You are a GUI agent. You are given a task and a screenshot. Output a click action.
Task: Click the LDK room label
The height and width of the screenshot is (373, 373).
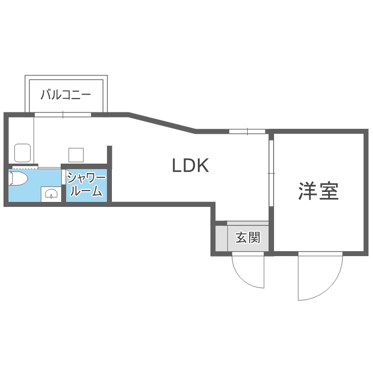[190, 165]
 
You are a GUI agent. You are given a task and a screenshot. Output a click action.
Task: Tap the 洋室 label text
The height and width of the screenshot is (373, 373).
[318, 190]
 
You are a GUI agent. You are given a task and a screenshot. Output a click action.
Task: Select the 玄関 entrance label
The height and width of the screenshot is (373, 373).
[248, 238]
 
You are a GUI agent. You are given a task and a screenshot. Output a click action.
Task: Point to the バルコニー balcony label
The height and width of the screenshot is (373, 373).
[66, 94]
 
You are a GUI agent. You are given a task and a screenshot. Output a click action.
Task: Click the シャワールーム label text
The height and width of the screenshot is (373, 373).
[86, 185]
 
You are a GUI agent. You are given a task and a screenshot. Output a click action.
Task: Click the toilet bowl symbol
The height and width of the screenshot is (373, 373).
[18, 179]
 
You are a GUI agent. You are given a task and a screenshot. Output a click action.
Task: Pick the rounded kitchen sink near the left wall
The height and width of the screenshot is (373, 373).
[22, 153]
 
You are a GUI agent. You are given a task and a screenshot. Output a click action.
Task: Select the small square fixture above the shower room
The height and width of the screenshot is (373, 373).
[76, 155]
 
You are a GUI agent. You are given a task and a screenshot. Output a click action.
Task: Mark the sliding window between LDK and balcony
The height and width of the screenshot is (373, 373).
[63, 115]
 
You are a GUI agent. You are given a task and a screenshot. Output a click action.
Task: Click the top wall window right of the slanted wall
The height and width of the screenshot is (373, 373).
[247, 131]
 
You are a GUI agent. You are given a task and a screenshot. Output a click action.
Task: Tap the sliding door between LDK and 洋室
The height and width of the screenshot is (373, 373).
[271, 172]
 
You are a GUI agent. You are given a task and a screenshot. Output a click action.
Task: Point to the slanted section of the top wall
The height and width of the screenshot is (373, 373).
[162, 123]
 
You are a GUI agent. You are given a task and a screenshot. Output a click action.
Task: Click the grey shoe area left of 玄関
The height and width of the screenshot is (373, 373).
[220, 239]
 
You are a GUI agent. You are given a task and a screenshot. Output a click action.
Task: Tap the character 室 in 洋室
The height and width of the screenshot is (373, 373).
[329, 190]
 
